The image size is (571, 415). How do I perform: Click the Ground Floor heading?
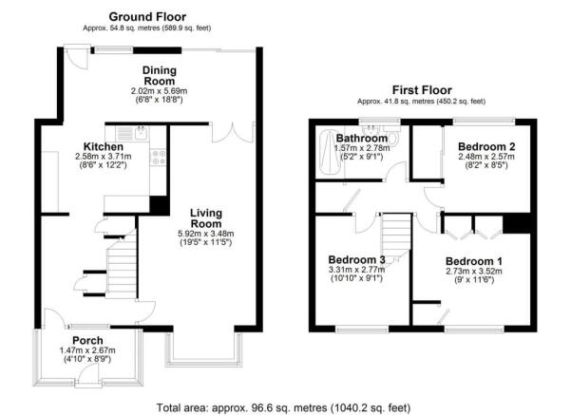(x=147, y=16)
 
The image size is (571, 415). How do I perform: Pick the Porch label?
(x=90, y=341)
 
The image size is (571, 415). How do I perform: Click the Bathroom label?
(x=361, y=139)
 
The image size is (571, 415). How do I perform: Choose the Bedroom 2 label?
(x=486, y=146)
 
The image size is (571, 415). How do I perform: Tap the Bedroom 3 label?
(x=356, y=260)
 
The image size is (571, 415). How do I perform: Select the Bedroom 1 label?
(x=473, y=260)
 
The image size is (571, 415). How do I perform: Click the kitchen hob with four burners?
(x=158, y=155)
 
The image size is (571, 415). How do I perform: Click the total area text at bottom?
(x=284, y=406)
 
